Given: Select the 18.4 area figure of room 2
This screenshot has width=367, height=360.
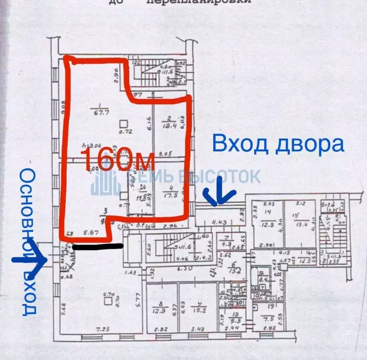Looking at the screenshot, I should point(168,125).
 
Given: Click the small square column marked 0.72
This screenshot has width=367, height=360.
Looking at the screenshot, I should point(123,124).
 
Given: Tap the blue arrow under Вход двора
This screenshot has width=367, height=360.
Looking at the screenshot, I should point(216,197).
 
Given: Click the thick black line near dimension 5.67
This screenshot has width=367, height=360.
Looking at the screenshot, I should point(98,246).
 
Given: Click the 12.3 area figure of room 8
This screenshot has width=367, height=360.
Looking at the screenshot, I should point(161,310).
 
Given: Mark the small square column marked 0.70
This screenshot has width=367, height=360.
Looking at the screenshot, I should point(109,299).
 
